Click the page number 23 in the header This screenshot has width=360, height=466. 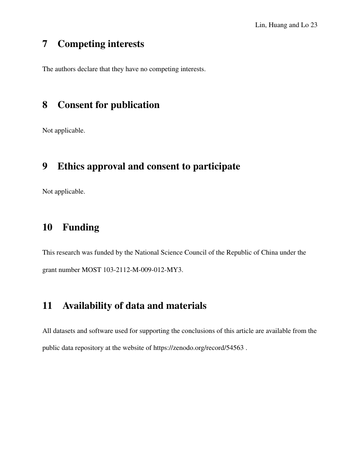coord(314,25)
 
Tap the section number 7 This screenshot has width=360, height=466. coord(45,44)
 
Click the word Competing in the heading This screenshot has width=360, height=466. coord(79,44)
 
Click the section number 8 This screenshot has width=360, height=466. coord(45,105)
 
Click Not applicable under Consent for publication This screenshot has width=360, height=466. coord(64,130)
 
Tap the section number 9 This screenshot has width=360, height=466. coord(45,166)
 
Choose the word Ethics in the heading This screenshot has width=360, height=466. coord(70,166)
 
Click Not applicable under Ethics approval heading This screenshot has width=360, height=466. coord(64,191)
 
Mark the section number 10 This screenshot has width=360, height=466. coord(47,227)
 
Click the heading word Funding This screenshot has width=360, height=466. coord(81,227)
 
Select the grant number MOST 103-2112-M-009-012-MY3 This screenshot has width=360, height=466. coord(132,270)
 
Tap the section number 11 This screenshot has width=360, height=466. coord(47,306)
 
